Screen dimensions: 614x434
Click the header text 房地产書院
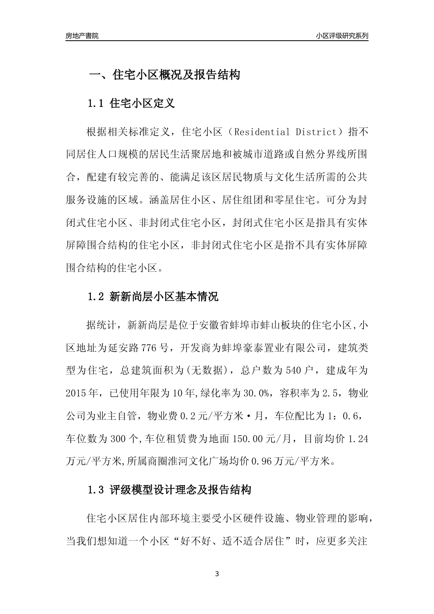coord(82,36)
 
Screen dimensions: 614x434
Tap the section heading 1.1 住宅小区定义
coord(131,103)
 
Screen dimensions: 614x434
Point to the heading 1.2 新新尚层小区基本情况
coord(153,297)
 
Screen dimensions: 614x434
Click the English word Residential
coord(262,132)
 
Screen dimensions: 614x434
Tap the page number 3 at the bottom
coord(217,574)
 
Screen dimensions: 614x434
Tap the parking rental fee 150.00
coord(249,439)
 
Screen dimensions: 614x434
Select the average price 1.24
coord(358,439)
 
